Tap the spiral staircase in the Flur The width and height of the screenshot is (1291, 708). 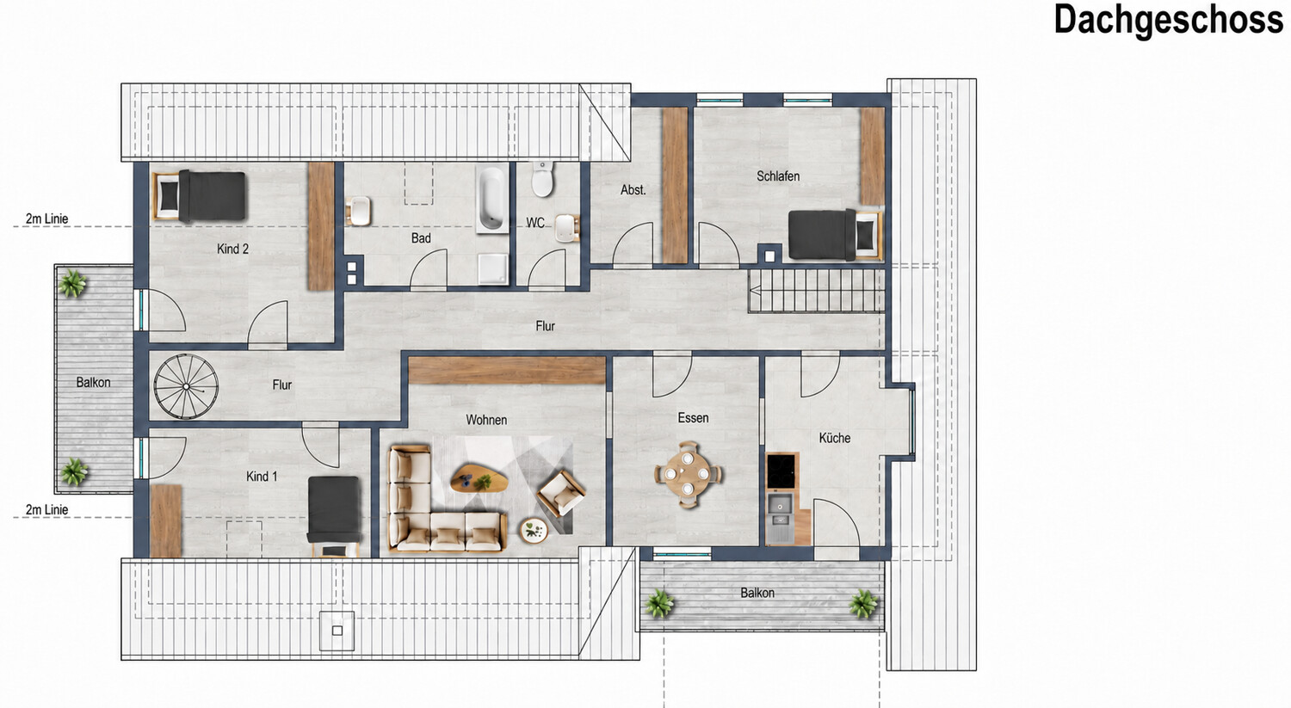[x=186, y=386]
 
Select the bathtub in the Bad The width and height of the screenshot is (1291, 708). [x=491, y=198]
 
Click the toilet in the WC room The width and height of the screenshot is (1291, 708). [x=542, y=179]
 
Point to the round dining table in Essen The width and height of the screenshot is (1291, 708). [x=688, y=474]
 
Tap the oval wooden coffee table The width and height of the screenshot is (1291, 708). [x=479, y=478]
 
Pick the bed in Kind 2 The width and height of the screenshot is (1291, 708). [x=201, y=196]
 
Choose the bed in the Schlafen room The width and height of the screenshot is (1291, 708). [x=835, y=235]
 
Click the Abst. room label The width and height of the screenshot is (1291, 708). [x=633, y=190]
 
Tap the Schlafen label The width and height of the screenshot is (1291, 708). [x=778, y=176]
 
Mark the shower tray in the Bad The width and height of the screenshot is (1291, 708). [x=493, y=269]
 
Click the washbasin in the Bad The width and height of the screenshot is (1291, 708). [x=359, y=211]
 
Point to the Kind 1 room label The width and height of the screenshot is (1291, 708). [x=262, y=477]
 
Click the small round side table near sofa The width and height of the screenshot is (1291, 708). [x=534, y=530]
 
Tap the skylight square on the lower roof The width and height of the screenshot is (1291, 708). [x=337, y=631]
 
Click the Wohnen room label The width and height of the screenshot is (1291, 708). [x=486, y=420]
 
